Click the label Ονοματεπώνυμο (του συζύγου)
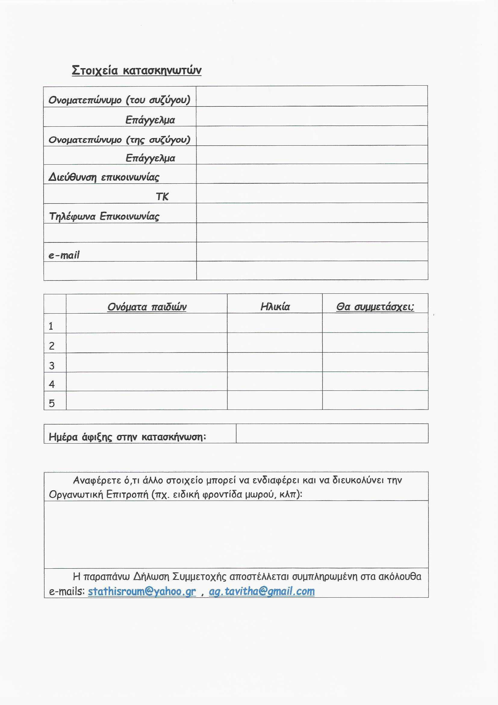pos(119,100)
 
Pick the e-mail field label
pos(64,255)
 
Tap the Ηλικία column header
pos(275,306)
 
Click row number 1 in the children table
pos(51,326)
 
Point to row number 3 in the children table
pos(52,365)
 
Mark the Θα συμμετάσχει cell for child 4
pos(375,381)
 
